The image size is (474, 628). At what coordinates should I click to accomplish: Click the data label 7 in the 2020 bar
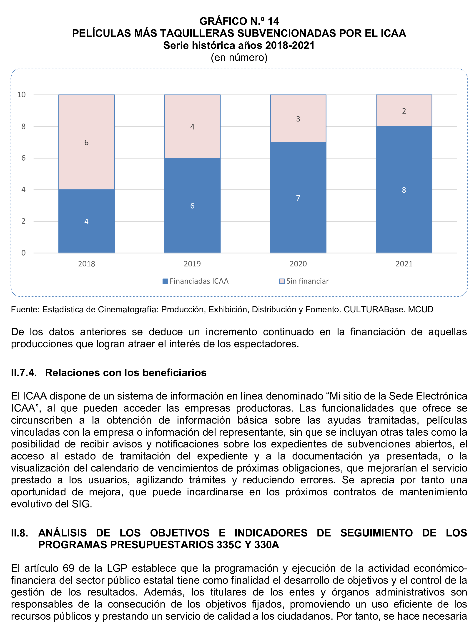(x=298, y=198)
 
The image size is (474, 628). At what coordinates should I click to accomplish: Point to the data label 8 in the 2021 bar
(x=404, y=190)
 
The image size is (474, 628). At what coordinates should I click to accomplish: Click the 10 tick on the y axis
(x=21, y=94)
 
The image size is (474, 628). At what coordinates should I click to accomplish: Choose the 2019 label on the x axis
(x=192, y=264)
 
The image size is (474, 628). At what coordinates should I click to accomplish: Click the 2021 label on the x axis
(x=404, y=264)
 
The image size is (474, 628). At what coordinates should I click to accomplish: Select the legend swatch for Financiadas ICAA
(x=165, y=281)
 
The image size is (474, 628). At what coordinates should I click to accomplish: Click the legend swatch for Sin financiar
(x=282, y=281)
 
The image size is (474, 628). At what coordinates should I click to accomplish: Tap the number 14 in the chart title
(x=273, y=21)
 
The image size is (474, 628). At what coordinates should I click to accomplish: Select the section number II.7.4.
(x=24, y=372)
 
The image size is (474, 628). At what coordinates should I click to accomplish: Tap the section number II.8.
(x=19, y=533)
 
